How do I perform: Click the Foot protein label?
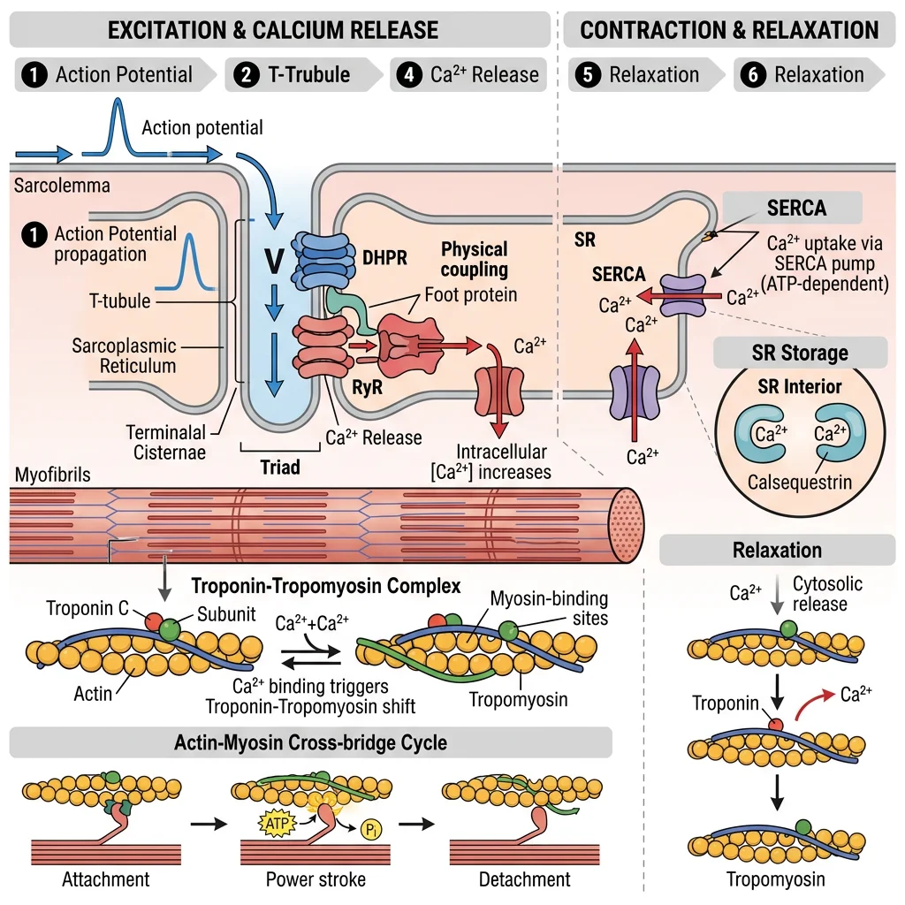[470, 293]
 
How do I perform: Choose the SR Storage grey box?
[800, 354]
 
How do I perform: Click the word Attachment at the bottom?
[105, 879]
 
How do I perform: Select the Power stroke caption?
[316, 879]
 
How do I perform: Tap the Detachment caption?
[524, 879]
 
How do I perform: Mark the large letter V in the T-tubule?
[275, 262]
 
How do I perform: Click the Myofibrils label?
[52, 475]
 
